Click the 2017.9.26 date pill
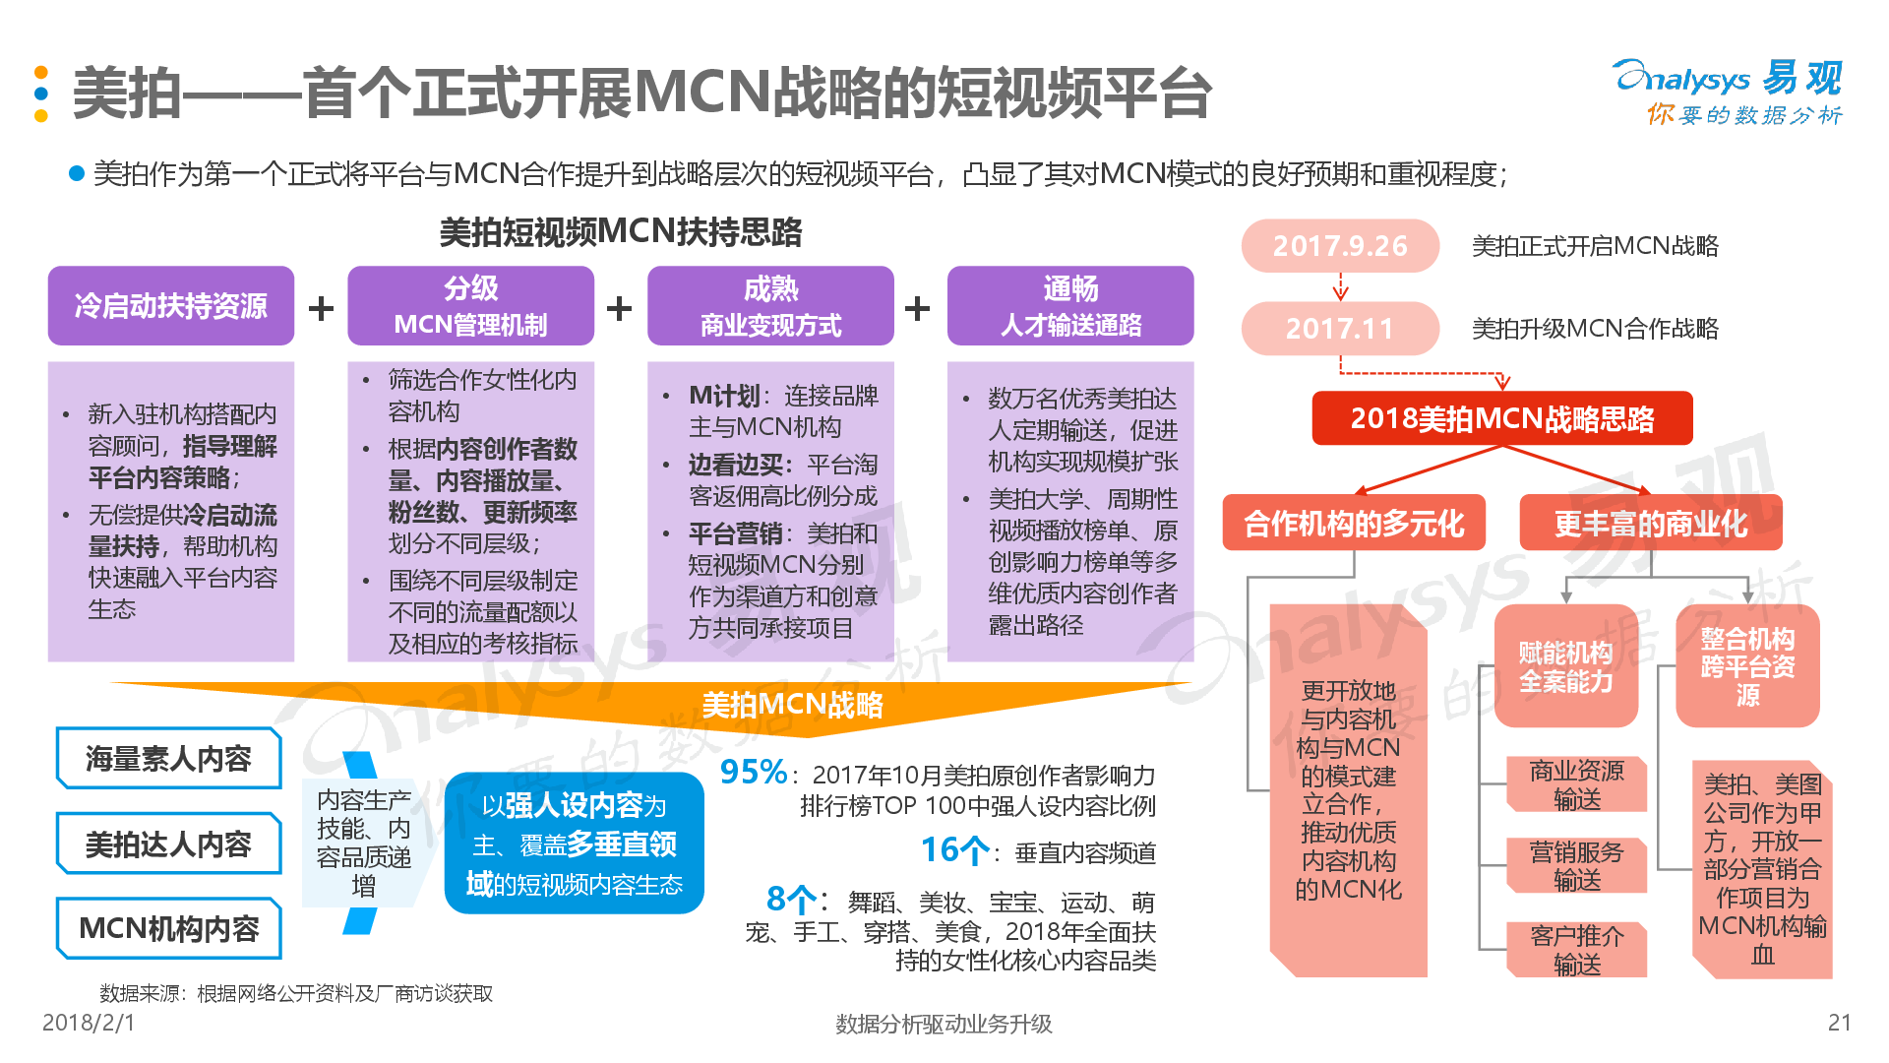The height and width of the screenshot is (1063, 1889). [1340, 246]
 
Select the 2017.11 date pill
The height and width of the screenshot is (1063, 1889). [1340, 329]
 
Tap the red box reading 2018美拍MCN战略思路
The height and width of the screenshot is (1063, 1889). [1502, 418]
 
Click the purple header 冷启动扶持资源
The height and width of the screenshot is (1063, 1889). [171, 306]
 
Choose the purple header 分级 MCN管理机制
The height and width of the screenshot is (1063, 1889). [470, 306]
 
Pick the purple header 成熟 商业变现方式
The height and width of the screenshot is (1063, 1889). [770, 306]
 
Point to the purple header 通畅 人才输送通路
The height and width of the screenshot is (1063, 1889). [1070, 306]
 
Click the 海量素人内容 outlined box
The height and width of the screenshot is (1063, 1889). [168, 759]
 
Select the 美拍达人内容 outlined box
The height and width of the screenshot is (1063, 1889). [168, 844]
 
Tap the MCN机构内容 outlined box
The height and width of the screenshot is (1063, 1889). [168, 928]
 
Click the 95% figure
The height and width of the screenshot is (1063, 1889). [754, 773]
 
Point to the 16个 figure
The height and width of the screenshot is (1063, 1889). [955, 850]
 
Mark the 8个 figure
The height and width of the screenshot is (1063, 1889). [792, 900]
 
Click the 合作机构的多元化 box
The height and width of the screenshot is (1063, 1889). [1354, 523]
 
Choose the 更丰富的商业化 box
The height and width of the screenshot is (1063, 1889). [1651, 523]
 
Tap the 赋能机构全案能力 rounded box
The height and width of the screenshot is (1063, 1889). [1565, 666]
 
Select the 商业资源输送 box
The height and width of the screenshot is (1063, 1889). [1576, 784]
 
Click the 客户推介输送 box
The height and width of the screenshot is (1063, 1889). [1576, 950]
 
